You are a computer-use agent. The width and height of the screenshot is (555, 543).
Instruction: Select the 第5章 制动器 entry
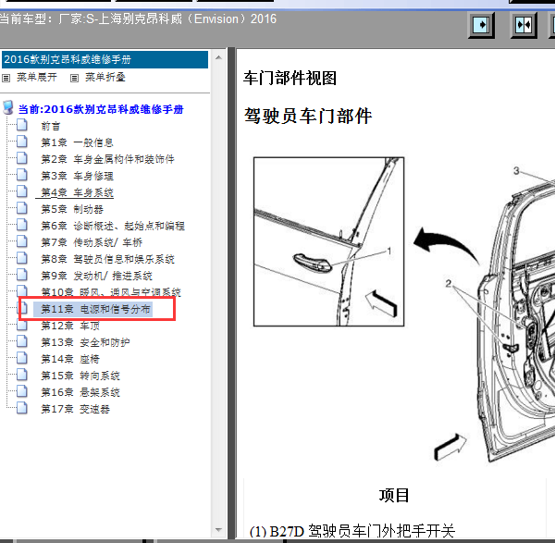72,209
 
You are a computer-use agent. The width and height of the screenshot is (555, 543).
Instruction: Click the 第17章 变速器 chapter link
76,409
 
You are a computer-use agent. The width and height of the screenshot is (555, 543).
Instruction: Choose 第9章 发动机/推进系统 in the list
96,276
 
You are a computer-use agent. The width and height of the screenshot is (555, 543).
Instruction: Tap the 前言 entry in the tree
51,126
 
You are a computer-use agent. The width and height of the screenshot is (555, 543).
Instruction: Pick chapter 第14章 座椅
70,359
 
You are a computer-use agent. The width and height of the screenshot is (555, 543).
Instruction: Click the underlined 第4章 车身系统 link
77,192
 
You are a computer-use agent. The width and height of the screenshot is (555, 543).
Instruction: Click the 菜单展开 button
30,77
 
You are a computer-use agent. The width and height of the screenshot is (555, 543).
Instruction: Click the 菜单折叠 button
98,77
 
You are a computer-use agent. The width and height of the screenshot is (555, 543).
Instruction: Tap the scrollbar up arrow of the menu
218,57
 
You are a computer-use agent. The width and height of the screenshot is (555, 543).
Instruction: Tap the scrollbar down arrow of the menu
218,530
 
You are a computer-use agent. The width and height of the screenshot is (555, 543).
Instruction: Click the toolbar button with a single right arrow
481,25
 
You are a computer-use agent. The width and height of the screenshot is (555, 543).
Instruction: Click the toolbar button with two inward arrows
524,25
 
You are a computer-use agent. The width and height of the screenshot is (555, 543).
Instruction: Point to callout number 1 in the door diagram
389,251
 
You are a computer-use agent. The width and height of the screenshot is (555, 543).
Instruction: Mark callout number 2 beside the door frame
449,284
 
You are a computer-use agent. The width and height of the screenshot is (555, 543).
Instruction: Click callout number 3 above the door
516,171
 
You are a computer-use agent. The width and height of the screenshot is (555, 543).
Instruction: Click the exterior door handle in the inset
312,263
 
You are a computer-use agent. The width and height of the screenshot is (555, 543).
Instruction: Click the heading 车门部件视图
290,78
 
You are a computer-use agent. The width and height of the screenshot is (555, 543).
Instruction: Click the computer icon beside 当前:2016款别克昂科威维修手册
7,107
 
